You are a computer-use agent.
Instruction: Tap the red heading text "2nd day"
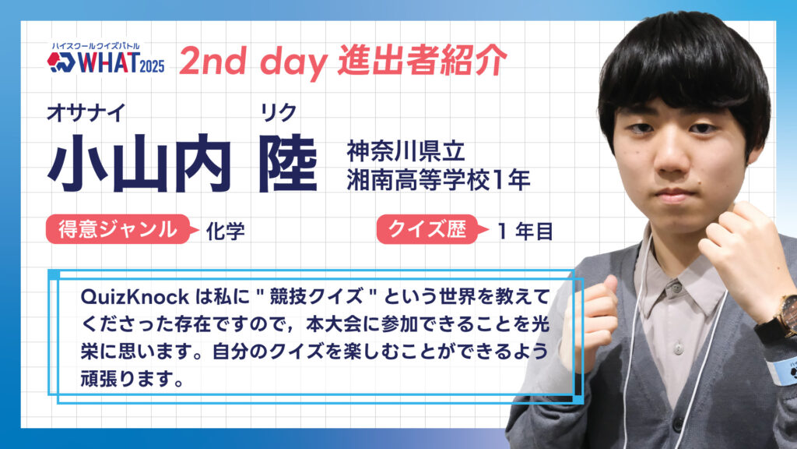coord(253,61)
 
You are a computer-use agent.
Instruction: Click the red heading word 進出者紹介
coord(423,60)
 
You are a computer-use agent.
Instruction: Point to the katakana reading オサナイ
coord(86,112)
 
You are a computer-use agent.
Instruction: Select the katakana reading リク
coord(278,112)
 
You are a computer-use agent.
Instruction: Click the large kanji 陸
coord(288,164)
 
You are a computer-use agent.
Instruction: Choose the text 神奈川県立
coord(406,150)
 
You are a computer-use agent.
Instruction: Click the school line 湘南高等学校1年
coord(438,180)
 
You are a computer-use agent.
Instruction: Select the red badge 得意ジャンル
coord(118,229)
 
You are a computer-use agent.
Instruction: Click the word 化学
coord(225,231)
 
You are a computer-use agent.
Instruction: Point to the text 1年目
coord(525,232)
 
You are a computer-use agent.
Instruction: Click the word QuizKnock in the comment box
coord(135,297)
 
